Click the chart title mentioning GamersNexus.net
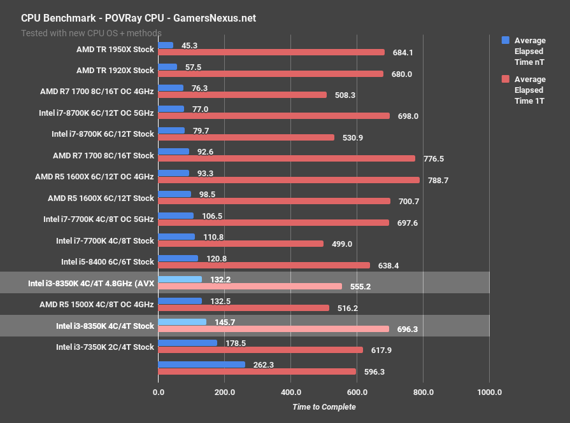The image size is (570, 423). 138,18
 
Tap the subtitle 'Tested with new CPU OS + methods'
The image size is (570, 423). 91,32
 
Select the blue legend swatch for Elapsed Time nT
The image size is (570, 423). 506,40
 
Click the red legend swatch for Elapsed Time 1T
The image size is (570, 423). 506,79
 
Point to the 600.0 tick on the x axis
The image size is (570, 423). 357,392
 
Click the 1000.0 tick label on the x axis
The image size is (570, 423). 489,392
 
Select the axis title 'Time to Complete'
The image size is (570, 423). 324,406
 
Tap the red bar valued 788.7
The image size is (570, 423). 289,180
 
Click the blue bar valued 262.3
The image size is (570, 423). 201,364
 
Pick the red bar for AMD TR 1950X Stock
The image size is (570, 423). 271,52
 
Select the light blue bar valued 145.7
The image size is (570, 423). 182,322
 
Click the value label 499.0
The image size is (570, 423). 341,244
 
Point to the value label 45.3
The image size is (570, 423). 189,45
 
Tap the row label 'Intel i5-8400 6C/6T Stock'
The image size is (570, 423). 108,261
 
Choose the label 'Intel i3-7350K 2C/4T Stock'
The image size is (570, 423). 105,347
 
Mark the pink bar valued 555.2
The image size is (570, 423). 250,286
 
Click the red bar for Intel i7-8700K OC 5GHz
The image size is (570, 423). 274,116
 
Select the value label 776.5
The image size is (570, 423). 432,158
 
